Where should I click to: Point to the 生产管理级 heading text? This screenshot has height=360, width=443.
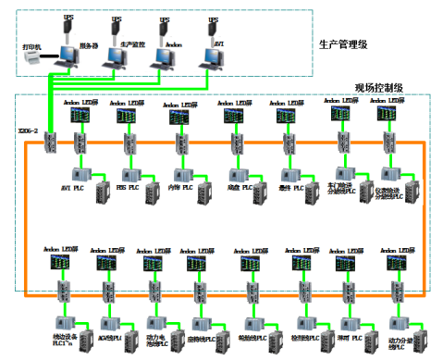tap(343, 43)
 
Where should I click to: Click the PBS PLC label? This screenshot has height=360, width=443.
tap(127, 187)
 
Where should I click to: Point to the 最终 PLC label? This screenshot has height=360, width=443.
tap(291, 187)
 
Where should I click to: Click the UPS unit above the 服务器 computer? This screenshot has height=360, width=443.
tap(68, 29)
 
